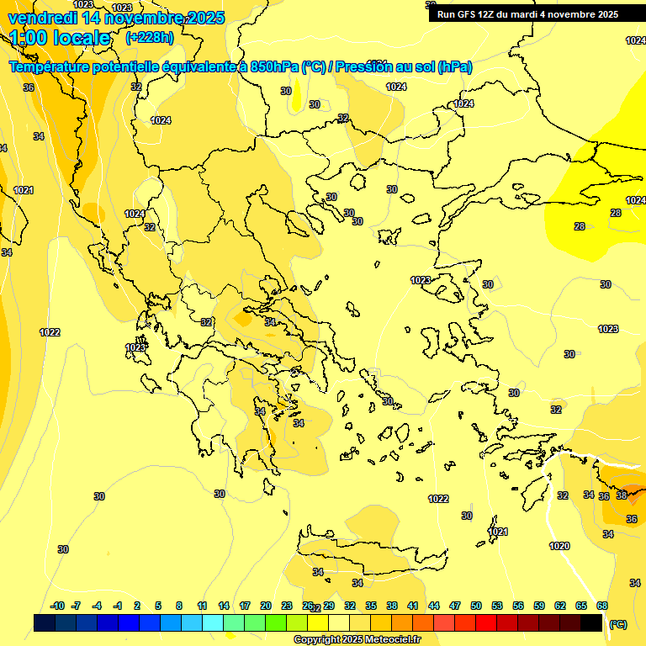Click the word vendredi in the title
click(x=41, y=18)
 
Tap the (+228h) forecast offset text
click(x=149, y=37)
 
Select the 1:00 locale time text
click(x=61, y=38)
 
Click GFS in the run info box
click(x=467, y=14)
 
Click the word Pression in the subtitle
click(x=369, y=67)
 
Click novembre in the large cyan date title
click(x=140, y=18)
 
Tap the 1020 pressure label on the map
click(x=559, y=546)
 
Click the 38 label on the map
click(x=621, y=495)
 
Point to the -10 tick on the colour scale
click(x=57, y=606)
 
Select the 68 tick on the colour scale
click(x=602, y=606)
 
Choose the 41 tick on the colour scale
click(x=413, y=606)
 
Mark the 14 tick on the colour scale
click(x=224, y=606)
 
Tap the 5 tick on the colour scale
click(x=158, y=606)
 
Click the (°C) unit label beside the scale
click(x=618, y=624)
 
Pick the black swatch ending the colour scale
click(x=591, y=622)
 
